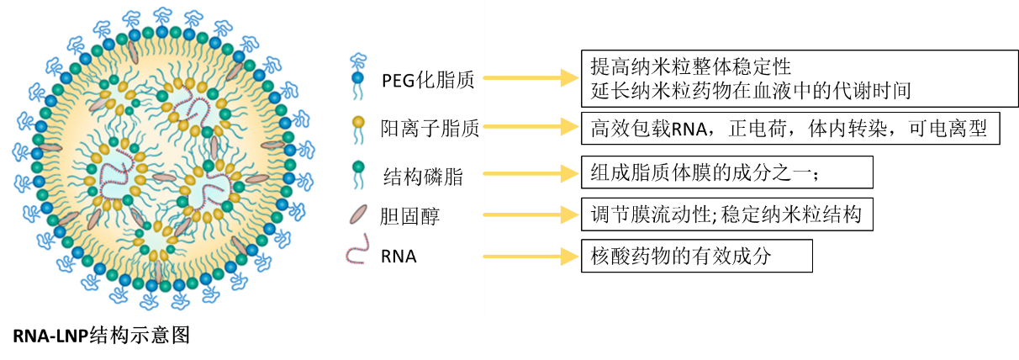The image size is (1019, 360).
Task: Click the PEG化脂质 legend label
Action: coord(428,81)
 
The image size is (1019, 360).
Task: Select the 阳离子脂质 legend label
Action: coord(430,129)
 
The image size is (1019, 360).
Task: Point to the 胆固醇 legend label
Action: coord(410,217)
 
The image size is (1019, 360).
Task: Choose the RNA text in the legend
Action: coord(399,257)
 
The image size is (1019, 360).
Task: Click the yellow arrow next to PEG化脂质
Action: coord(531,77)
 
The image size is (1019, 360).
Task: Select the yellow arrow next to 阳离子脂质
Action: coord(531,126)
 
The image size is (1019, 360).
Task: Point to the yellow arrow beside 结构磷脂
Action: coord(531,173)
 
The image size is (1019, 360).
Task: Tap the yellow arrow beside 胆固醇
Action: coord(531,215)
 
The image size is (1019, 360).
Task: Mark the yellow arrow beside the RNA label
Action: coord(531,255)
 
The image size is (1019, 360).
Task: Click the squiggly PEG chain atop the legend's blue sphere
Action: coord(359,61)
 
